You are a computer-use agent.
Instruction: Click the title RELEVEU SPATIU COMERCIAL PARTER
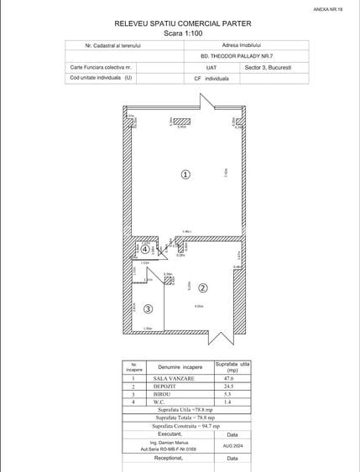(x=182, y=26)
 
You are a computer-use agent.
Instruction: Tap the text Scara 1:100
(x=182, y=34)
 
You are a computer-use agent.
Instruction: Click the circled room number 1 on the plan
(x=185, y=174)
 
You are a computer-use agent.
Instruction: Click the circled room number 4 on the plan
(x=145, y=249)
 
